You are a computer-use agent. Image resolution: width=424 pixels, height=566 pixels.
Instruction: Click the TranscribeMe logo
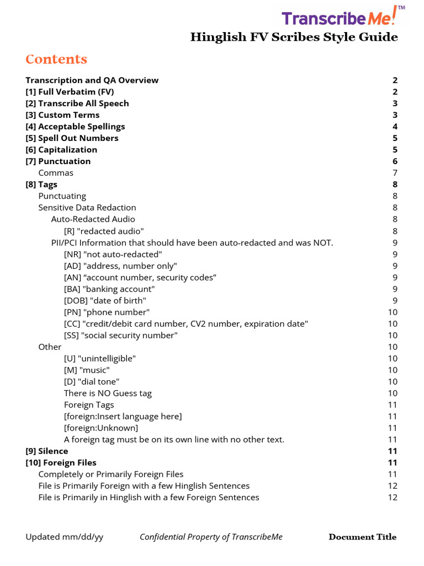click(x=343, y=18)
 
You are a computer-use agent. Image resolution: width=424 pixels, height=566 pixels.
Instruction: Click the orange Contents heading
click(x=56, y=59)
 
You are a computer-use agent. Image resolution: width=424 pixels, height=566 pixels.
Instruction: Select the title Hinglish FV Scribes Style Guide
click(x=294, y=37)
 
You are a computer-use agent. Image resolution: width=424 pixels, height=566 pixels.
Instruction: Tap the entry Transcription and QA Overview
click(x=92, y=80)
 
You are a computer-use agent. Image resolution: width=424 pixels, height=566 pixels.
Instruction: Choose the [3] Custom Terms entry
click(x=63, y=115)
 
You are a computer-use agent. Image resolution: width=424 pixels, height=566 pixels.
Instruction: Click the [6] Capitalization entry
click(x=61, y=150)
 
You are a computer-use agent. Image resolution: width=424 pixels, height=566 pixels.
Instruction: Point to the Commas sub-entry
click(x=56, y=173)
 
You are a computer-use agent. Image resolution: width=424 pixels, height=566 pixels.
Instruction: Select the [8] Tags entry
click(x=41, y=185)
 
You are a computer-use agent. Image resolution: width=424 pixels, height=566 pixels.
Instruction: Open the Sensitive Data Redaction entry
click(x=87, y=208)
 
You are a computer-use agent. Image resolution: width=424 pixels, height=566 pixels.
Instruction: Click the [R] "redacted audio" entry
click(x=104, y=231)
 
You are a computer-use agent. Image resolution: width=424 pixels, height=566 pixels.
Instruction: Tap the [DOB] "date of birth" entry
click(x=105, y=301)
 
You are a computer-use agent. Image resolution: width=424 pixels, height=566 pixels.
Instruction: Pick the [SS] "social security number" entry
click(x=121, y=336)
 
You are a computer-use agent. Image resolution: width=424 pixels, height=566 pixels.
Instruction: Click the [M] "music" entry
click(x=87, y=370)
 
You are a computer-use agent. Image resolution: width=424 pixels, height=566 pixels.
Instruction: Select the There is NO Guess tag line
click(x=108, y=393)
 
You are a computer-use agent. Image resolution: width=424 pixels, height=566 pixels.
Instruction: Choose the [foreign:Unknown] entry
click(x=101, y=428)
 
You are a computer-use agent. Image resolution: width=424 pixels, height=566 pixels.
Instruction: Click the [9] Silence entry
click(x=47, y=451)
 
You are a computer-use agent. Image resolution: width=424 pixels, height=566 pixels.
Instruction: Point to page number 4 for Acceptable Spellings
click(x=395, y=127)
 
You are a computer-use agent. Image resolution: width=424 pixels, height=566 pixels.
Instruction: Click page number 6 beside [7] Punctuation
click(x=395, y=161)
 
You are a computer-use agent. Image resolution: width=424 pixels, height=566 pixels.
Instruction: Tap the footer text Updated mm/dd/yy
click(x=64, y=537)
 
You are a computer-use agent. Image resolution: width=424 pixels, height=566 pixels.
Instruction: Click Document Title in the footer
click(x=362, y=537)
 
